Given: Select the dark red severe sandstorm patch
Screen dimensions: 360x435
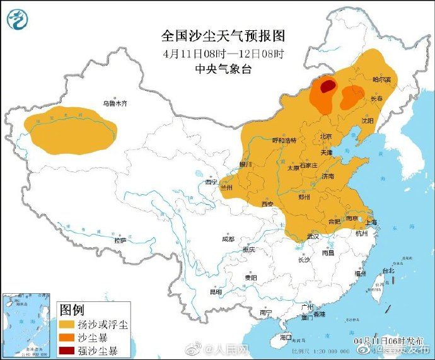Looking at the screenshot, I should click(x=326, y=87).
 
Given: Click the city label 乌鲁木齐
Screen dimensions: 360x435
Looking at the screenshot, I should click(x=115, y=103).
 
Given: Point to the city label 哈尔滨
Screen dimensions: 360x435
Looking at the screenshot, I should click(x=381, y=80).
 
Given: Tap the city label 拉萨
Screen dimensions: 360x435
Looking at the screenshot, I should click(x=120, y=240).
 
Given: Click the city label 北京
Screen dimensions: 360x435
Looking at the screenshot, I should click(x=325, y=136).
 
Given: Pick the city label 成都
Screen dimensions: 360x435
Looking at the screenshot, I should click(x=228, y=239).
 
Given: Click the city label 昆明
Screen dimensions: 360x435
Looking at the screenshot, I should click(x=216, y=292).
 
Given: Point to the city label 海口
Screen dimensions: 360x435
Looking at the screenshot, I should click(x=286, y=338).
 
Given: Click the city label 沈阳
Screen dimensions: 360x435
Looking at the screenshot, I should click(x=367, y=120).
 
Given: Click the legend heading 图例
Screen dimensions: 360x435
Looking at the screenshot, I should click(x=72, y=310).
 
